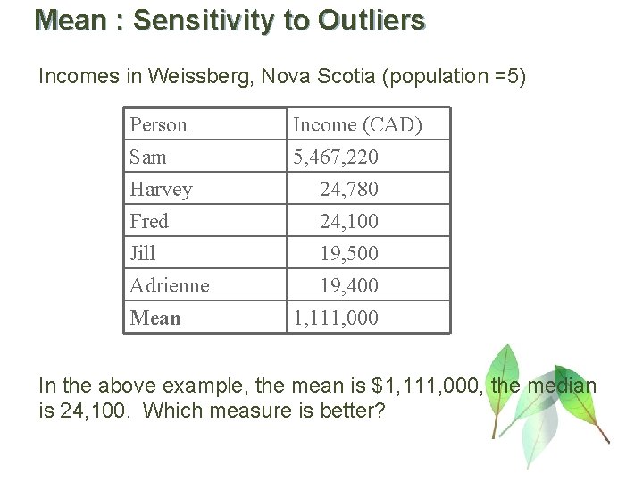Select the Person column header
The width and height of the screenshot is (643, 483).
[x=158, y=125]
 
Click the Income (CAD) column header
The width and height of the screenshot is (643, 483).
[x=357, y=125]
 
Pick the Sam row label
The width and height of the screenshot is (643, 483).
[x=147, y=157]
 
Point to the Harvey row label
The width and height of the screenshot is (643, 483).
[x=161, y=190]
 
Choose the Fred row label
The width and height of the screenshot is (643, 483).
[x=149, y=221]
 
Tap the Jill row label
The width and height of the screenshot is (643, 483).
[x=143, y=253]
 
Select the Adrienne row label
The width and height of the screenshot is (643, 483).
[x=170, y=285]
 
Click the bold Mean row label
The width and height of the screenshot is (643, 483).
[x=155, y=318]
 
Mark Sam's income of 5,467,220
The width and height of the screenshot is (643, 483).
[x=336, y=157]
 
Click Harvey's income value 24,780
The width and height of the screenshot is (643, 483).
[x=349, y=190]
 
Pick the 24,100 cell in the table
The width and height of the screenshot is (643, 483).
[x=349, y=221]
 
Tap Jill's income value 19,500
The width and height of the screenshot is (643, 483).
[x=349, y=253]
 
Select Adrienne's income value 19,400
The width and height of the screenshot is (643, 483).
[x=349, y=285]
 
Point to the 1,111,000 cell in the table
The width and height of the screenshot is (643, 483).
[x=336, y=318]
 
